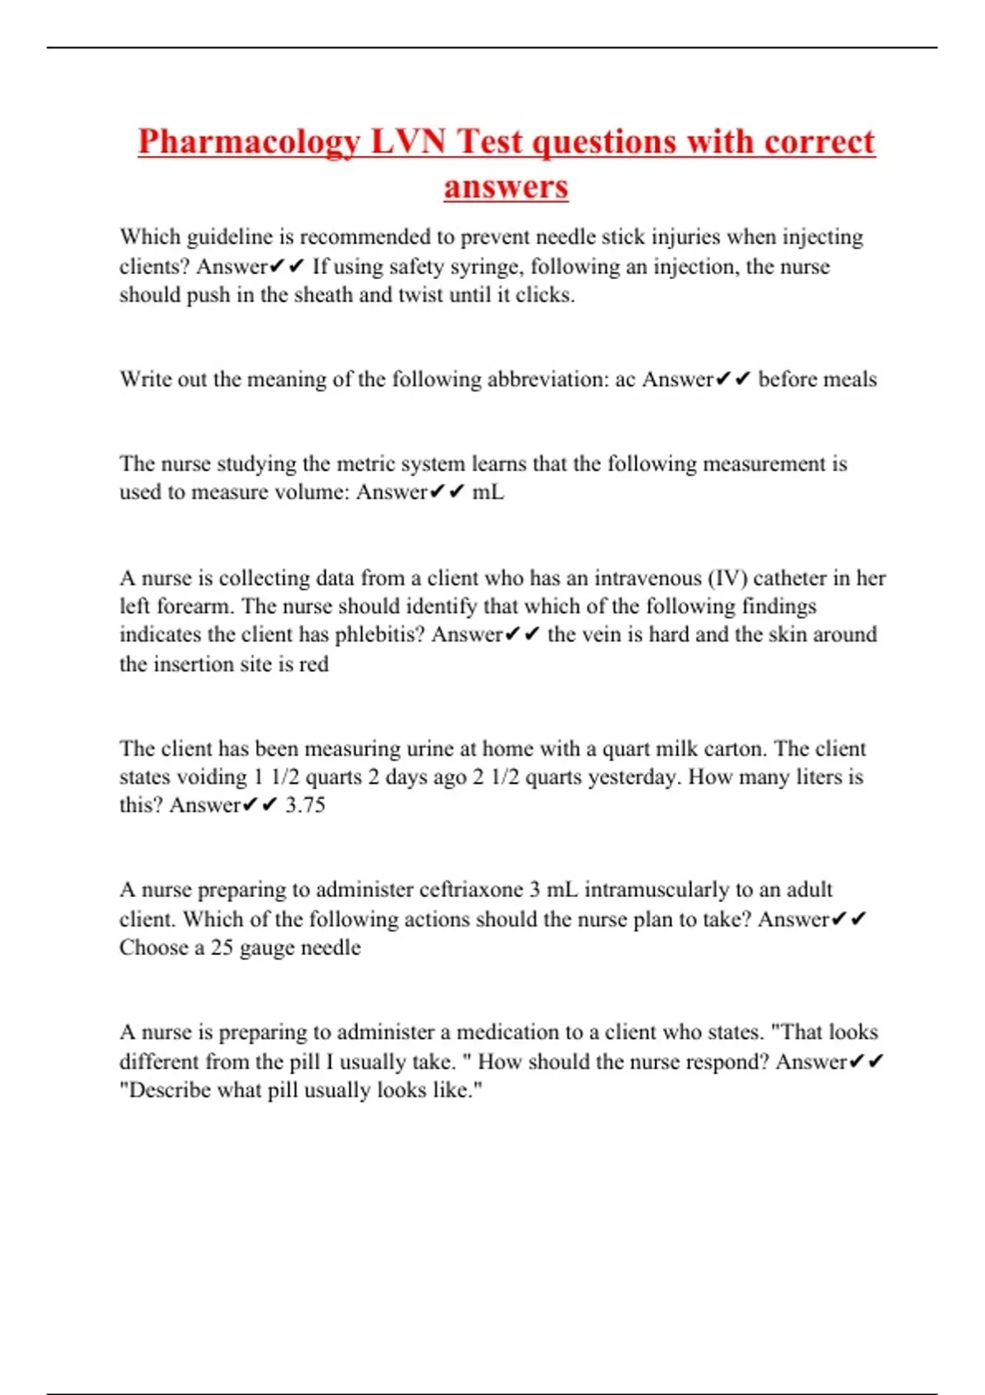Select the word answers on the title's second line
tap(506, 186)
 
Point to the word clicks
tap(543, 295)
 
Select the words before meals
tap(817, 379)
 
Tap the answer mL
tap(488, 492)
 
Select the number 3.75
tap(305, 805)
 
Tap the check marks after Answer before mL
tap(447, 492)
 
